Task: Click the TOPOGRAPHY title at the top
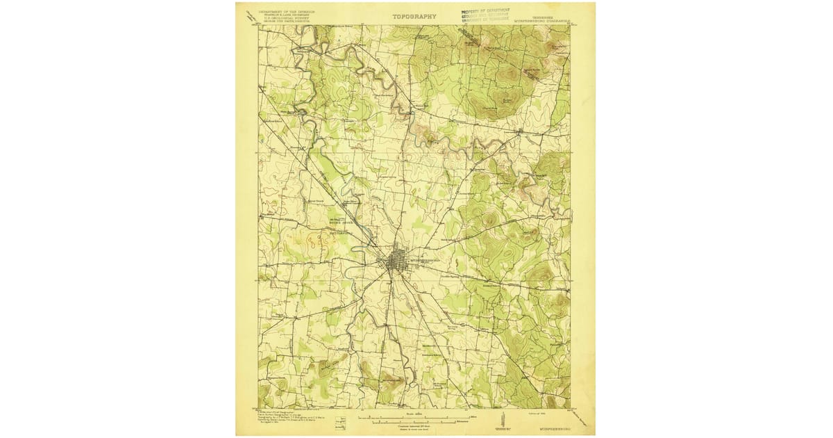(x=414, y=17)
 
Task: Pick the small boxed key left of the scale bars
(x=340, y=421)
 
